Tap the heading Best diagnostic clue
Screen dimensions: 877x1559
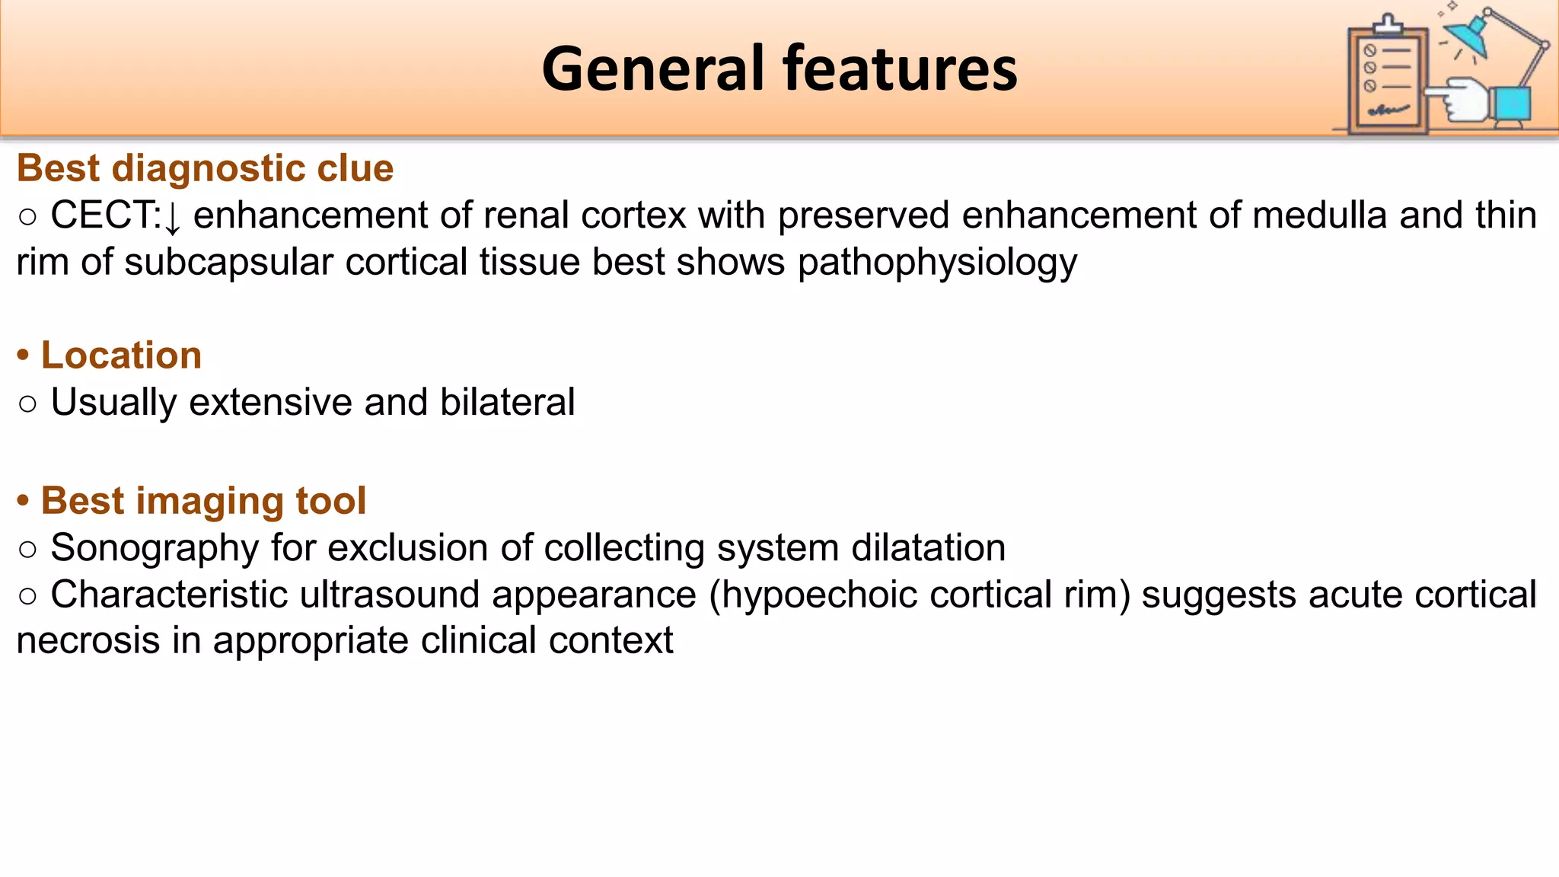tap(205, 168)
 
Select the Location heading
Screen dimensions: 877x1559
tap(121, 356)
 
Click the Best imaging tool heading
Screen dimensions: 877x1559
tap(203, 501)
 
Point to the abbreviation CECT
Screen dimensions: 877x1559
tap(105, 215)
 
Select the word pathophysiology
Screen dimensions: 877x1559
tap(937, 263)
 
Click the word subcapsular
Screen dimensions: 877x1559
tap(228, 263)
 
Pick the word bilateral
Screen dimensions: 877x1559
tap(507, 402)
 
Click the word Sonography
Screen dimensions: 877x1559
tap(155, 548)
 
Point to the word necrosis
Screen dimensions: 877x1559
tap(88, 641)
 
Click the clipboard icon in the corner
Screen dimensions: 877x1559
tap(1387, 76)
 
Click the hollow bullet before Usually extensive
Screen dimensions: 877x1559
tap(27, 403)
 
